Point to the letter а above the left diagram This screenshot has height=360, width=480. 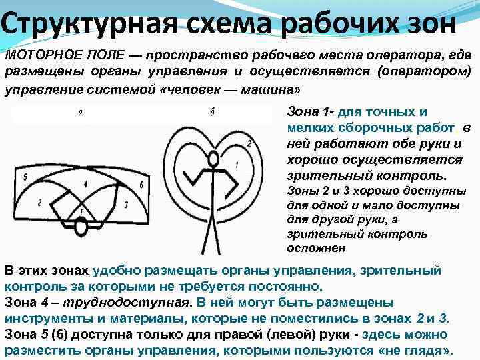(x=79, y=113)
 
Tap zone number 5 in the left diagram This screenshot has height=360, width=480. (x=24, y=177)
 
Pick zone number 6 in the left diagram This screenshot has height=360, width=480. (x=141, y=183)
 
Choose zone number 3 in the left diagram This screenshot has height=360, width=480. (x=125, y=205)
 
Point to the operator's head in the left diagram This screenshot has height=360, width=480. (x=82, y=229)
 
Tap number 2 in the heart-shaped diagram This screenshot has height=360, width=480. (x=249, y=143)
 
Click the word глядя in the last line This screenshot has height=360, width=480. (x=428, y=349)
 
